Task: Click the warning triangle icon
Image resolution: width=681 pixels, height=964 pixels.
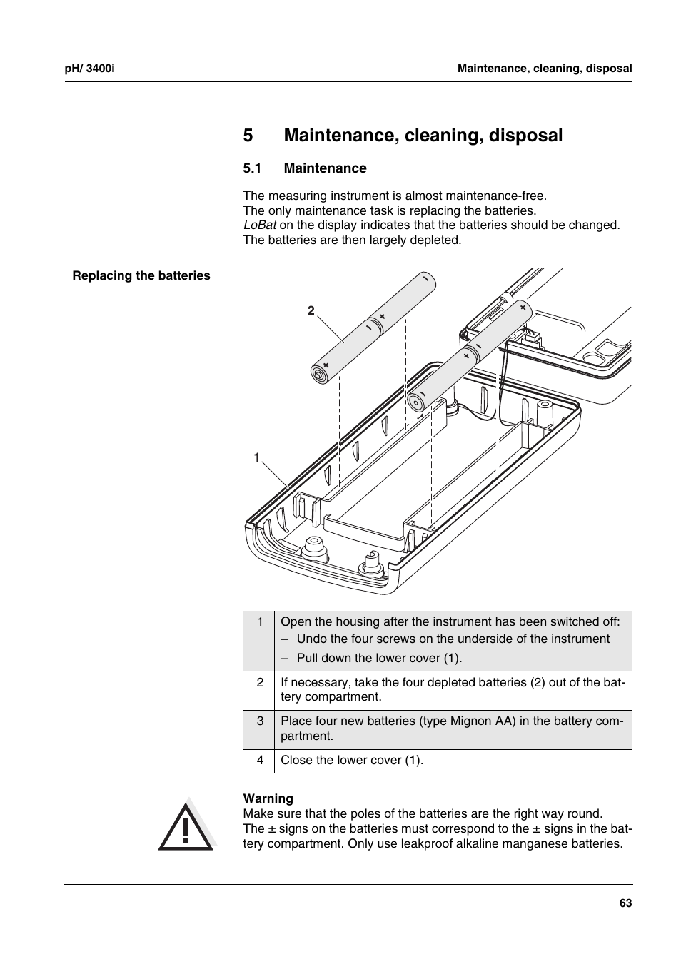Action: pos(186,826)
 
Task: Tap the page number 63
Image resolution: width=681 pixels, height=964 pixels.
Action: pos(625,903)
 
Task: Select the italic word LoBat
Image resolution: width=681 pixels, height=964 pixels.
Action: pos(260,225)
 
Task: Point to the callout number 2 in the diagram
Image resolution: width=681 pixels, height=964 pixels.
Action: pos(311,310)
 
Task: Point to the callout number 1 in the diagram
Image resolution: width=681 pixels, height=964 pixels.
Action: pos(257,457)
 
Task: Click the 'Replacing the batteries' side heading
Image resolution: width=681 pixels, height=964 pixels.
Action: pos(141,276)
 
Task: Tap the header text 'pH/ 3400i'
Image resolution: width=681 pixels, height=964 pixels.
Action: pos(90,69)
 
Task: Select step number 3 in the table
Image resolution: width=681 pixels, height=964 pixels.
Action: pos(261,721)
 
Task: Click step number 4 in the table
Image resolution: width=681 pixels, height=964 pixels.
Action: pos(261,760)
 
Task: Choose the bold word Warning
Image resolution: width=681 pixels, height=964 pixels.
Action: pos(268,798)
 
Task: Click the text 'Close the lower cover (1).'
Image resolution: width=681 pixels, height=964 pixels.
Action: pos(352,760)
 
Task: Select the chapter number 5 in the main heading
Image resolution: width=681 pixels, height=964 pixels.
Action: pos(248,136)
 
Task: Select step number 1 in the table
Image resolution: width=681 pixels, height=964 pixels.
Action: pos(261,621)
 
